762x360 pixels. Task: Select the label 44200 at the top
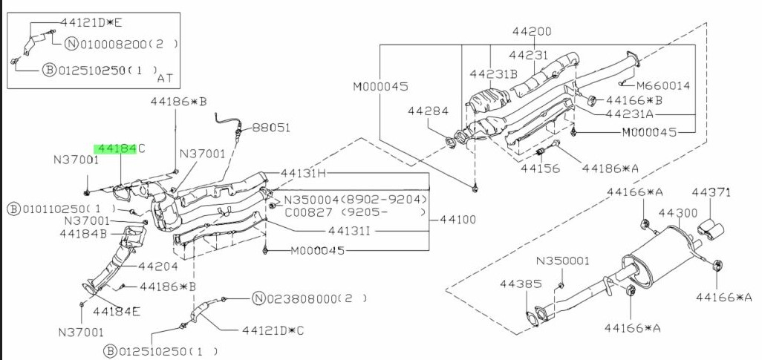click(x=531, y=32)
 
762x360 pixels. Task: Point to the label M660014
click(x=663, y=85)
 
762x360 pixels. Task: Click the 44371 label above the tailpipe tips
click(x=712, y=193)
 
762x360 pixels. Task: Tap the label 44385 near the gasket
click(x=516, y=284)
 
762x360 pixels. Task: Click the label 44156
click(x=538, y=168)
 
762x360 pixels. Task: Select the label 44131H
click(x=304, y=174)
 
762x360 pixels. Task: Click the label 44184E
click(x=117, y=310)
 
